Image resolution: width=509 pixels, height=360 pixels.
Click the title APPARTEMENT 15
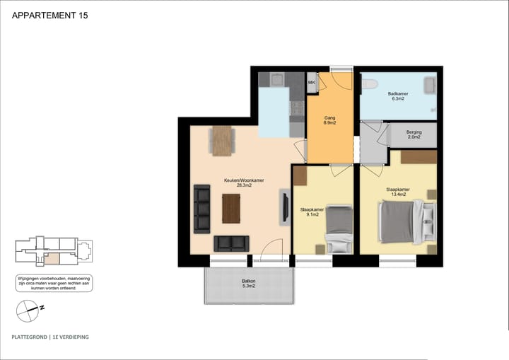51,14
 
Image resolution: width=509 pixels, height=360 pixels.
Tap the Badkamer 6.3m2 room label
397,97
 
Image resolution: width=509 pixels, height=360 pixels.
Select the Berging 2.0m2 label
414,134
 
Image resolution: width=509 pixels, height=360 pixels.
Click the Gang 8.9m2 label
329,120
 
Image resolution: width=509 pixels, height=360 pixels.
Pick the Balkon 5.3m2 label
248,284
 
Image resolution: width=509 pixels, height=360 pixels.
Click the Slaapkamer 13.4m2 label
397,192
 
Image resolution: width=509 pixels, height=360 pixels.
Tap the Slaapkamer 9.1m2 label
312,213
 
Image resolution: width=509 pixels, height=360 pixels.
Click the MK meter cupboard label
311,83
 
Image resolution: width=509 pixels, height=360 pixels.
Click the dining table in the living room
221,139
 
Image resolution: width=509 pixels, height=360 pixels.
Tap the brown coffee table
231,208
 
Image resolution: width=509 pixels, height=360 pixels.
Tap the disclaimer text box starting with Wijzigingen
54,284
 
